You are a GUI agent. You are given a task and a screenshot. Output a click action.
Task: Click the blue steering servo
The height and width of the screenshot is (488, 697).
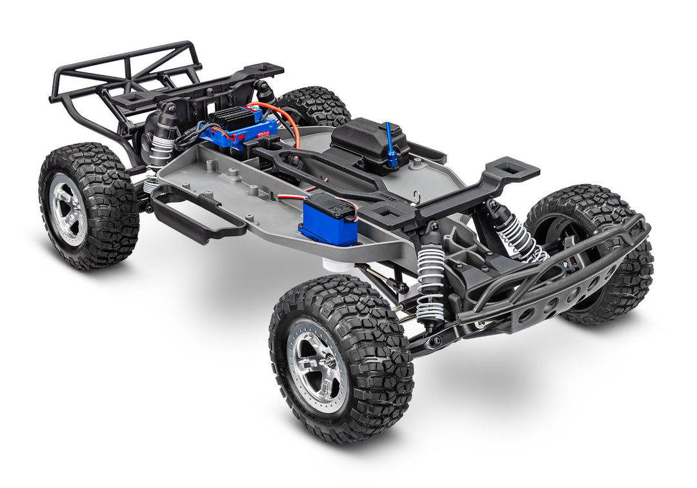point(328,221)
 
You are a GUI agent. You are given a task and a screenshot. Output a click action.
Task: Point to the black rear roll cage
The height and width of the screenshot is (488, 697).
point(123,77)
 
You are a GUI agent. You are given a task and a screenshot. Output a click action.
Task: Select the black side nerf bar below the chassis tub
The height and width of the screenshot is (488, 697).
point(194,216)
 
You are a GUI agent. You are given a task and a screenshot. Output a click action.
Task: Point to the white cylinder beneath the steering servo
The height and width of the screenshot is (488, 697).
point(334,262)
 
